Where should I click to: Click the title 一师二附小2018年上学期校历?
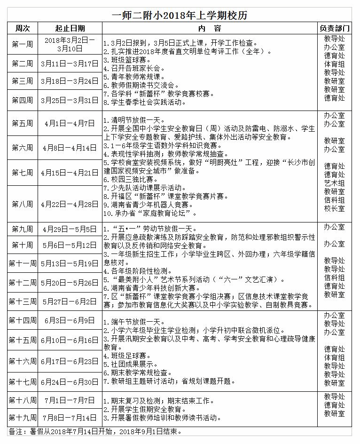point(180,15)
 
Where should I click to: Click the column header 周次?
point(23,29)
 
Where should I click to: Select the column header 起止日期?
point(70,29)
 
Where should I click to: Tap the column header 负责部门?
point(334,29)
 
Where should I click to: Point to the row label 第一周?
point(23,44)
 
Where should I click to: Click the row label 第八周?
point(23,204)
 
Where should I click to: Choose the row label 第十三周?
point(23,301)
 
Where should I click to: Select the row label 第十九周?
point(23,417)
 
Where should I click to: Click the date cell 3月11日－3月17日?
point(70,63)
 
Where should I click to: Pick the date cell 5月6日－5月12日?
point(70,245)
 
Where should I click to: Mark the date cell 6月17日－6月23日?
point(70,361)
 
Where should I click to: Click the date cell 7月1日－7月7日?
point(70,400)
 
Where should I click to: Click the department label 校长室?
point(334,208)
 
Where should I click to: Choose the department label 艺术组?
point(334,183)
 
